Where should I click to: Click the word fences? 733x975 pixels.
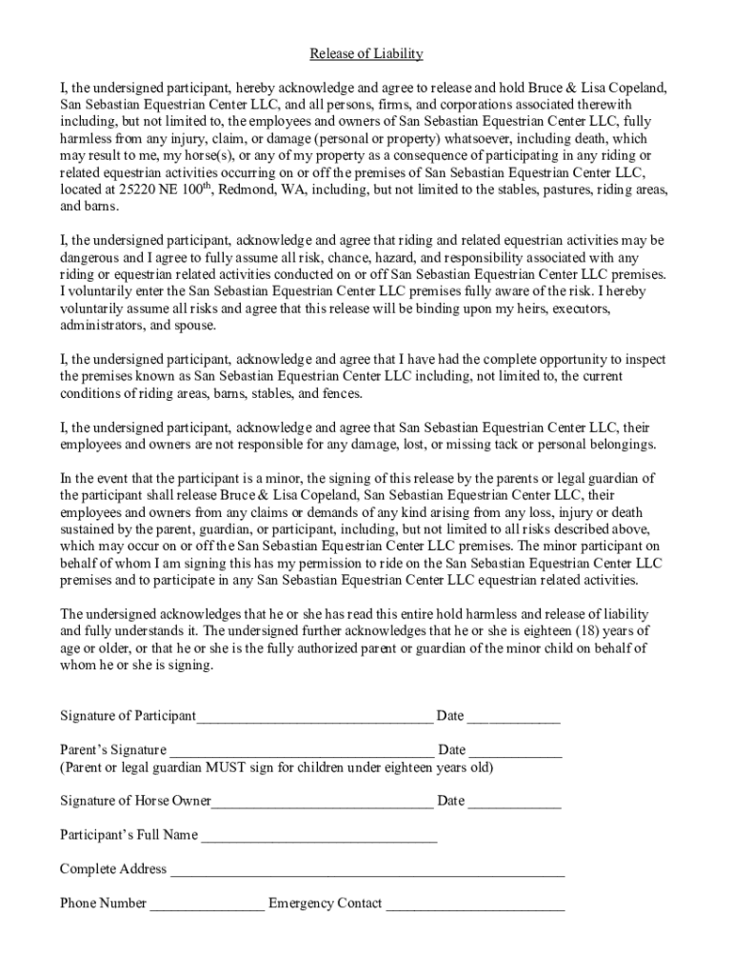coord(340,394)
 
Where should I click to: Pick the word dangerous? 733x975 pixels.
coord(92,257)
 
